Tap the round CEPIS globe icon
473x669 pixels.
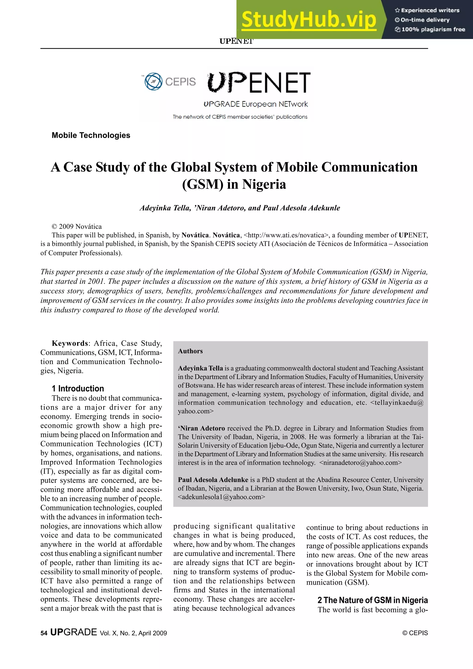point(154,81)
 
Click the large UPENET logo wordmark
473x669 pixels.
point(259,83)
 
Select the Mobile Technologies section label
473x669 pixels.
point(91,135)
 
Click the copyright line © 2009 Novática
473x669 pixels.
point(77,226)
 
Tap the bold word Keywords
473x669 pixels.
point(70,343)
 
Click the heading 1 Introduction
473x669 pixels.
point(78,389)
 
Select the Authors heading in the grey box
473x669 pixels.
point(190,351)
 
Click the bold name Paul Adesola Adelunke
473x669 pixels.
point(213,480)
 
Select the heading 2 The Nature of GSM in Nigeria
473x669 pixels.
point(373,600)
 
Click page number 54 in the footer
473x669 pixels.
point(44,633)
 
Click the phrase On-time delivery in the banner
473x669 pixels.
point(425,20)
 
